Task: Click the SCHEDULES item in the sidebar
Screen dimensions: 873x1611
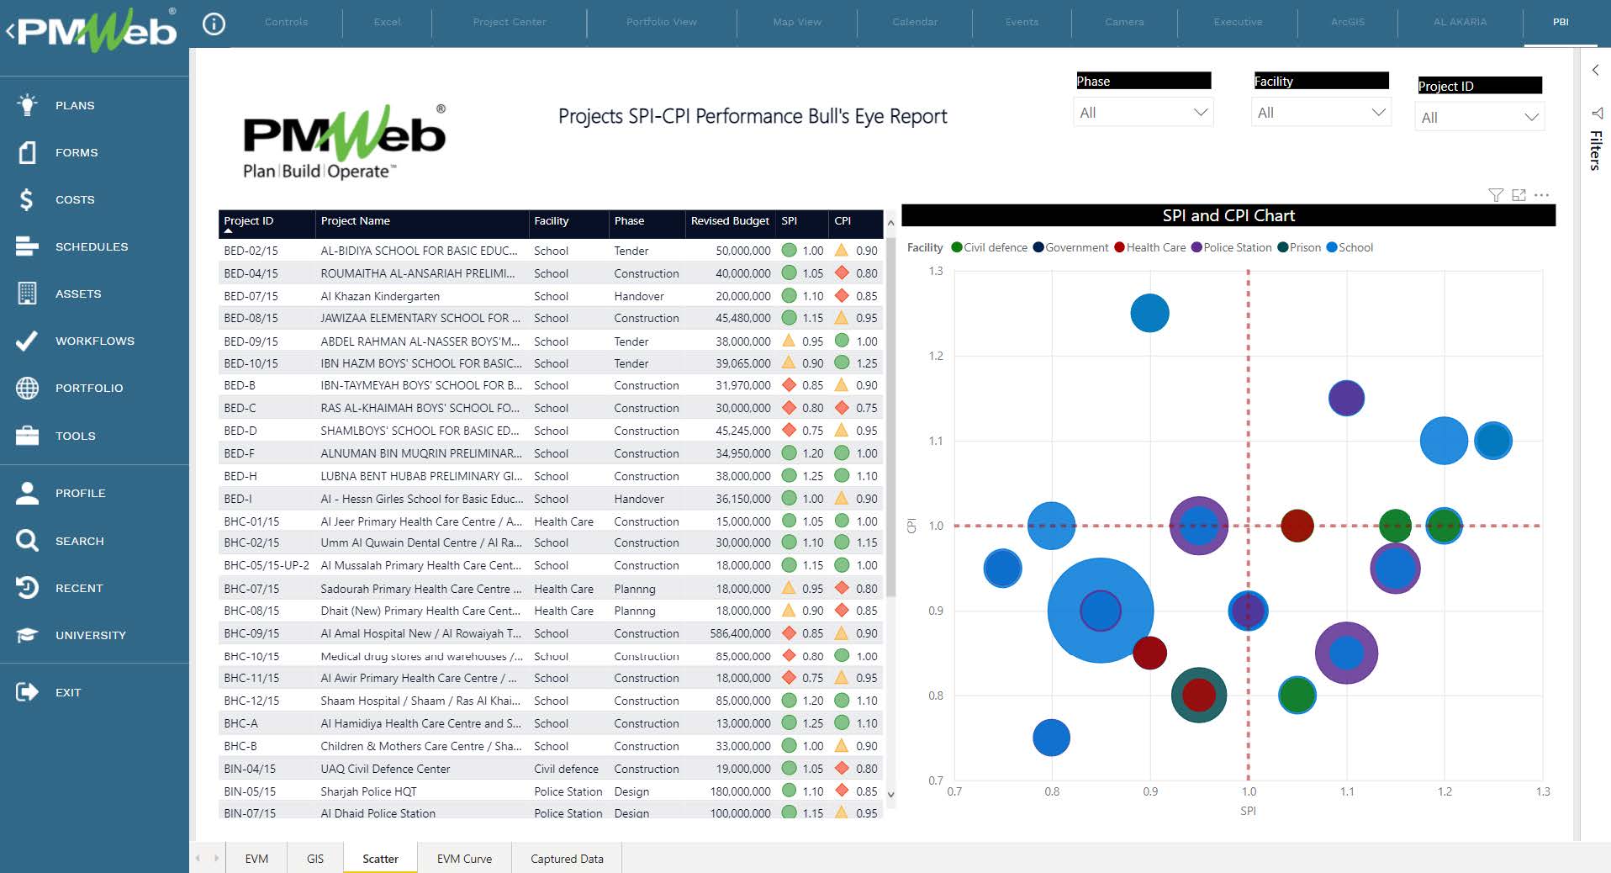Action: [91, 246]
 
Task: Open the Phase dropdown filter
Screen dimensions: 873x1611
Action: [1143, 113]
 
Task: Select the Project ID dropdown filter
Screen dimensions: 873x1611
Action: [1479, 118]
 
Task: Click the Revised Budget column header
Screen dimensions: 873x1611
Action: [729, 221]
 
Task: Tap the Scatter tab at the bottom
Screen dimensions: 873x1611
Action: [380, 859]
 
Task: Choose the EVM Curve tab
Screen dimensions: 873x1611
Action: [464, 859]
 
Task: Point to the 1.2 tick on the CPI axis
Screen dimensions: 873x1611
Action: [936, 356]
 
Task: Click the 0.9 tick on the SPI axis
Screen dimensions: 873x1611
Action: [1150, 791]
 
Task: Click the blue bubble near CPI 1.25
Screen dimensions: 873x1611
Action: [1149, 313]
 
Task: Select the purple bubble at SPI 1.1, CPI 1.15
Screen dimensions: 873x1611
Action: [1346, 398]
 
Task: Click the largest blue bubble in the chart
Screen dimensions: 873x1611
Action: [1100, 611]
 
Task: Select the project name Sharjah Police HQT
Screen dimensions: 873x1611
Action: [368, 791]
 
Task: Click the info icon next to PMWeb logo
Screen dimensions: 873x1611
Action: [214, 24]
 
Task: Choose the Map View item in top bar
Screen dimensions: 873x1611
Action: [796, 22]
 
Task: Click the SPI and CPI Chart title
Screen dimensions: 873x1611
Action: [1228, 215]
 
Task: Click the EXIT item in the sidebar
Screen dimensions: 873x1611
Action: [67, 692]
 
